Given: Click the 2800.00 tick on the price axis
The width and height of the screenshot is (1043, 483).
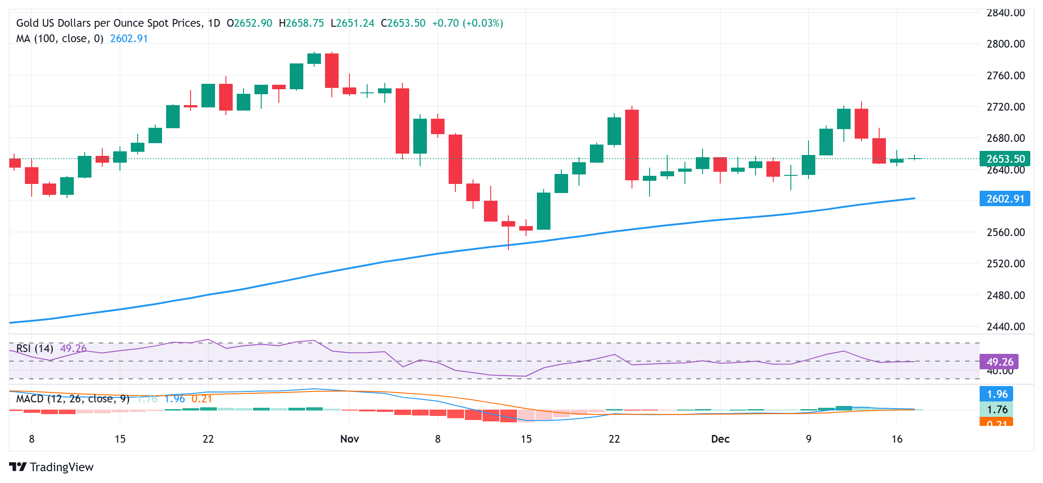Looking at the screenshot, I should [x=1005, y=44].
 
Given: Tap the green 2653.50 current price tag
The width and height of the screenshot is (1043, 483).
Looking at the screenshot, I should [x=1005, y=159].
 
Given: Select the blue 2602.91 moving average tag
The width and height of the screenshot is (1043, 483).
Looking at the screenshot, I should [x=1005, y=199].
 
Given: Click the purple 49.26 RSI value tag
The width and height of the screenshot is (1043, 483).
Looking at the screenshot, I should [x=999, y=362].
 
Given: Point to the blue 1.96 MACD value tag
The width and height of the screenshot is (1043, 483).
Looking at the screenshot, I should [x=996, y=394].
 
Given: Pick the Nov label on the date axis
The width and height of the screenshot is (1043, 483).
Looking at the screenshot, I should [x=349, y=439].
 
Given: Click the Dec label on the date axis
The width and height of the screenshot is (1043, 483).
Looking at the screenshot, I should [x=720, y=439].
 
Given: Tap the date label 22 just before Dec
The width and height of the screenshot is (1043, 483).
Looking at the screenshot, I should [x=614, y=439].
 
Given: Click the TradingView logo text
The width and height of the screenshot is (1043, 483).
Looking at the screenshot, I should [x=61, y=467].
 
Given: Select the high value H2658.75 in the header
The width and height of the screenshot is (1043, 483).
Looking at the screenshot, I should [x=301, y=23].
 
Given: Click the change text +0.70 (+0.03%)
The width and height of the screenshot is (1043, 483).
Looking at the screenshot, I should [x=467, y=23].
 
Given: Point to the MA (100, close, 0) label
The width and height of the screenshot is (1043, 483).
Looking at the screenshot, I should [x=60, y=39].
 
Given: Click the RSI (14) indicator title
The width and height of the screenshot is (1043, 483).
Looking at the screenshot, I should [x=35, y=348].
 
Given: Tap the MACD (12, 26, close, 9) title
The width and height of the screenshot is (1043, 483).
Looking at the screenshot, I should [x=72, y=399].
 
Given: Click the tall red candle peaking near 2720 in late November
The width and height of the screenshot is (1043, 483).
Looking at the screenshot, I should [x=632, y=145].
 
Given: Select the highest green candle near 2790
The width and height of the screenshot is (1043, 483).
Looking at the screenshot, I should [x=314, y=58].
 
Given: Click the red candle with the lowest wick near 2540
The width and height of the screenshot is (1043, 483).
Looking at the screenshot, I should [x=508, y=224].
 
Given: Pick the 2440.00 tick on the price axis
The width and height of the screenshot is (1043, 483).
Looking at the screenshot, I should [x=1005, y=327].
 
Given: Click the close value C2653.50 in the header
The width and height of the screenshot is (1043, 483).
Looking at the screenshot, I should [x=403, y=23].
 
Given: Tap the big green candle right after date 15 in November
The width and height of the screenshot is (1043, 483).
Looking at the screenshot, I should [x=544, y=211].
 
